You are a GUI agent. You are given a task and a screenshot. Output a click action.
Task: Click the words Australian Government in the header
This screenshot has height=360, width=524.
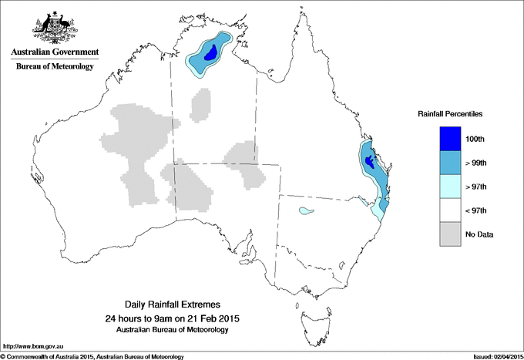(x=54, y=52)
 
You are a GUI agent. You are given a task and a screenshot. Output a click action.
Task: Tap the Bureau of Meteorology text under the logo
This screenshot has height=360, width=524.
(x=54, y=66)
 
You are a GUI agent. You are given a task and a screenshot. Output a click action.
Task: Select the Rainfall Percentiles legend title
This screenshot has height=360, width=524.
(x=450, y=113)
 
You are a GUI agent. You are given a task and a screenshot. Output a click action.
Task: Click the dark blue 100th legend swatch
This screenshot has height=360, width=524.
(x=451, y=139)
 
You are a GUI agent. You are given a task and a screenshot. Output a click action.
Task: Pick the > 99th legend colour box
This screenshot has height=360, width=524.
(x=451, y=163)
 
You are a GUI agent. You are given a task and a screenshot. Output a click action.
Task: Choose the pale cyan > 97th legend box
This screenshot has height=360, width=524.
(x=451, y=187)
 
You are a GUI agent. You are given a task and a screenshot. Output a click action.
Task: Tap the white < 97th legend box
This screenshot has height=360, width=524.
(x=451, y=210)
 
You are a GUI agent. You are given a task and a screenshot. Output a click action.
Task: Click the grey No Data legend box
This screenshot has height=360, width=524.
(x=451, y=234)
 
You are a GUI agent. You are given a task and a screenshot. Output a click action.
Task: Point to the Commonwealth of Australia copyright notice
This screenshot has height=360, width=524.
(x=92, y=356)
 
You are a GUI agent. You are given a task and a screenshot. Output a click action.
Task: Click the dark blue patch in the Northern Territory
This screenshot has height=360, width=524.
(x=207, y=58)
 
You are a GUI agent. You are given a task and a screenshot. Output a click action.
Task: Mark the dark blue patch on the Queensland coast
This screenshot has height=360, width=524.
(x=371, y=162)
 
